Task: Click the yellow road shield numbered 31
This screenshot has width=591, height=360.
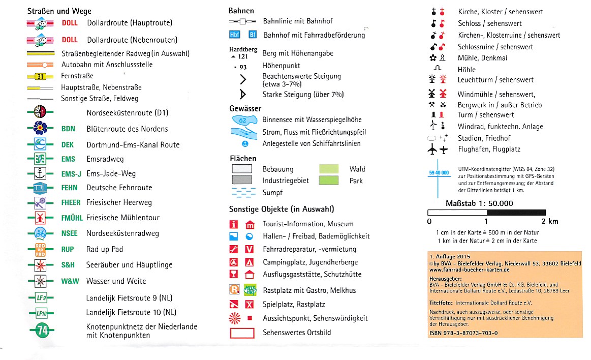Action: point(41,76)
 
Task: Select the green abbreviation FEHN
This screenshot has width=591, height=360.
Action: point(70,188)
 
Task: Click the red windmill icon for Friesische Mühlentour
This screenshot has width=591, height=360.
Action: point(41,218)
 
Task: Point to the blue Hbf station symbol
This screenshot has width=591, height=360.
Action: point(235,35)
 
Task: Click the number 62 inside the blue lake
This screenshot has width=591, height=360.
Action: point(242,121)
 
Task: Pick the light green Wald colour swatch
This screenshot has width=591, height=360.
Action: point(329,169)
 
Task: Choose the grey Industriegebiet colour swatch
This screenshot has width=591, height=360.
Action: point(242,181)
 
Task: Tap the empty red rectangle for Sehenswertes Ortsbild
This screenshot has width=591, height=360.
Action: point(242,334)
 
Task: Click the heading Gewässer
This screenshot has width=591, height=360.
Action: point(245,108)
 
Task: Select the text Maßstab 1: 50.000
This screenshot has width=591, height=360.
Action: point(479,203)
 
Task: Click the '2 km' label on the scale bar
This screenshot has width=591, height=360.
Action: point(549,222)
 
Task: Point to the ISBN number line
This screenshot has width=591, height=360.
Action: point(463,333)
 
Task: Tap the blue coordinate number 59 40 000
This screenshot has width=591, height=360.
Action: point(439,173)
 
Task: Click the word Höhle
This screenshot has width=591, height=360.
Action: point(466,69)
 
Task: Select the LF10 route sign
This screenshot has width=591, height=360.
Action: point(41,313)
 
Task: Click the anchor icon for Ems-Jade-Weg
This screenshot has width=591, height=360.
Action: point(41,173)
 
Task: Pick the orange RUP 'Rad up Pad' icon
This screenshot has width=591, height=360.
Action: point(41,249)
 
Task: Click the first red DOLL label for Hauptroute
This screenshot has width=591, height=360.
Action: point(70,23)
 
